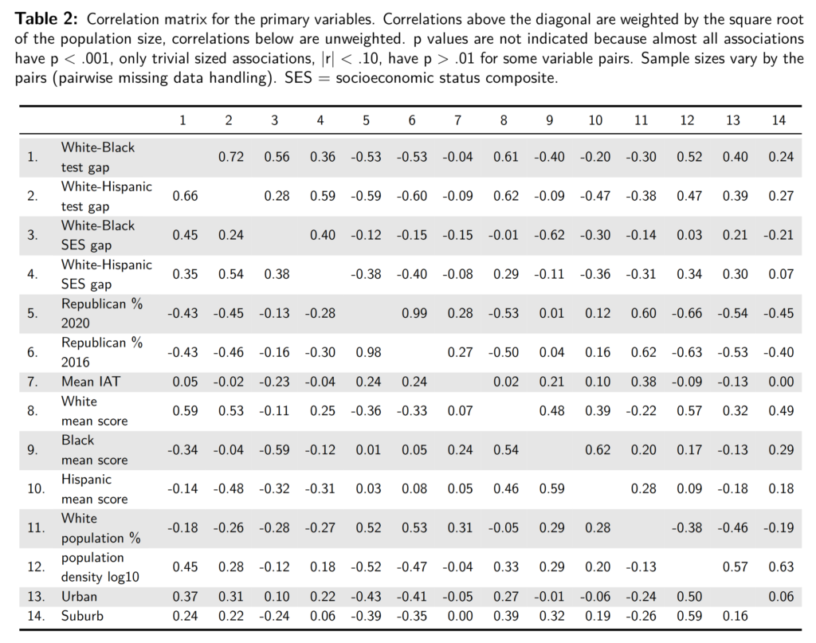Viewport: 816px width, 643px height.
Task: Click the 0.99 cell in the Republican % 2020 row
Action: pos(412,313)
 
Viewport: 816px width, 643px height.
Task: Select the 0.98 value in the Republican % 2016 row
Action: pos(366,352)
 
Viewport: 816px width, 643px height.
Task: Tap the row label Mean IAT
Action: pos(91,382)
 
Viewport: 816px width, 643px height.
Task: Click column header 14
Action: pos(779,120)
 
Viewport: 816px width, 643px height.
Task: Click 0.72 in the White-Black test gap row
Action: pos(229,157)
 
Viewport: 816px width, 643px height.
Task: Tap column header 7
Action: pos(457,120)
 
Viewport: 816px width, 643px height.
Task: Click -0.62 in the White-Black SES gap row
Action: pos(549,235)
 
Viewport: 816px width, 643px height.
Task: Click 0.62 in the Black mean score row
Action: pos(595,450)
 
